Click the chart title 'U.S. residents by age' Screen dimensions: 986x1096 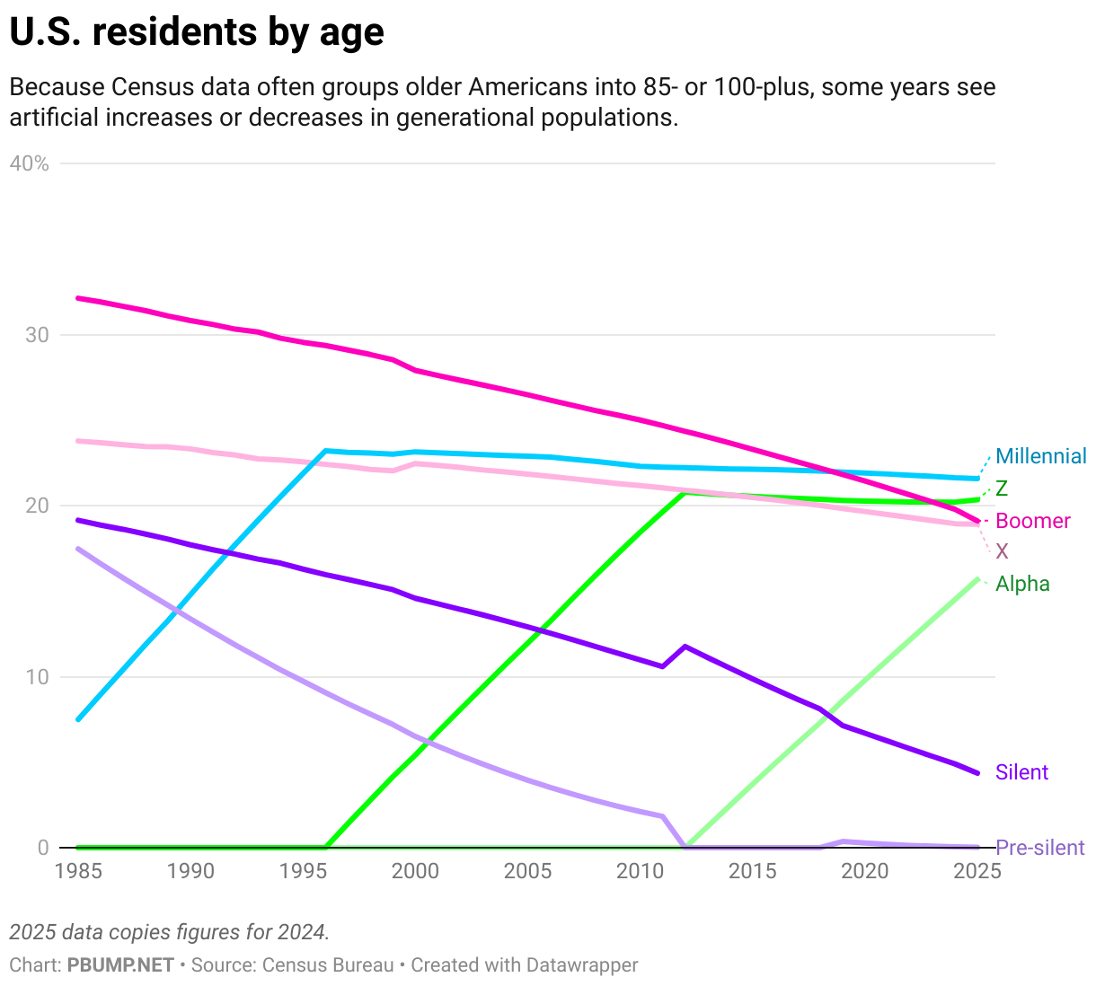coord(197,33)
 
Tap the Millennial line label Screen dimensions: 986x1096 coord(1041,456)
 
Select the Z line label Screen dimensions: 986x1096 coord(1002,489)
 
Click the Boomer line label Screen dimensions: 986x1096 coord(1033,521)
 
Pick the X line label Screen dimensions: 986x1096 coord(1002,551)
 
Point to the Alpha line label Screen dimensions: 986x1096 coord(1022,584)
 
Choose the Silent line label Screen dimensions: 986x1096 coord(1021,772)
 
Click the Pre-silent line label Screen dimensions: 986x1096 coord(1040,848)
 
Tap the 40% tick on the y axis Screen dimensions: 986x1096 coord(30,163)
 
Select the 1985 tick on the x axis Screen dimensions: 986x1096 coord(78,870)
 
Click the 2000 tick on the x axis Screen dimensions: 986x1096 coord(415,870)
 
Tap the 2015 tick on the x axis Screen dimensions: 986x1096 coord(753,870)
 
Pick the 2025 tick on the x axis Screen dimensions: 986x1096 coord(977,870)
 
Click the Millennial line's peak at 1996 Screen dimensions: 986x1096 coord(325,451)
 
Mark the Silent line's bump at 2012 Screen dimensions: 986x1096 coord(685,647)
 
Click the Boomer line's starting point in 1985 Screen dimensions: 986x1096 coord(78,297)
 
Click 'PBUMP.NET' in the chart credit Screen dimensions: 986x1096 coord(120,965)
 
